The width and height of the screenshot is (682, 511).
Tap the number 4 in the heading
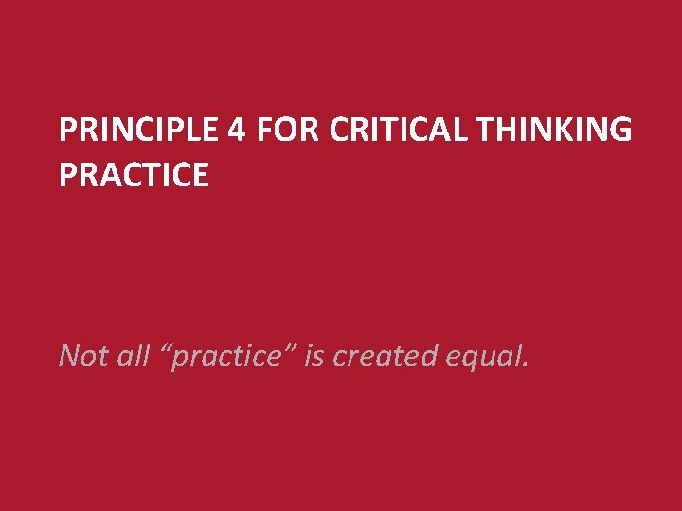tap(237, 130)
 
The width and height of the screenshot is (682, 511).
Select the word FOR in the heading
tap(288, 130)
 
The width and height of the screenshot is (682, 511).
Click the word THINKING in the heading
tap(553, 130)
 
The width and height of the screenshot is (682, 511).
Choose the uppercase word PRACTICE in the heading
tap(134, 174)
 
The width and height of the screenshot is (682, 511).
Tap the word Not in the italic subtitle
tap(80, 356)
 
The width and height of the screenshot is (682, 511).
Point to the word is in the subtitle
tap(314, 356)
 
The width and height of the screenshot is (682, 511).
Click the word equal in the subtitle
tap(481, 358)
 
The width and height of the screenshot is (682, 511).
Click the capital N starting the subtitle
tap(69, 356)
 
